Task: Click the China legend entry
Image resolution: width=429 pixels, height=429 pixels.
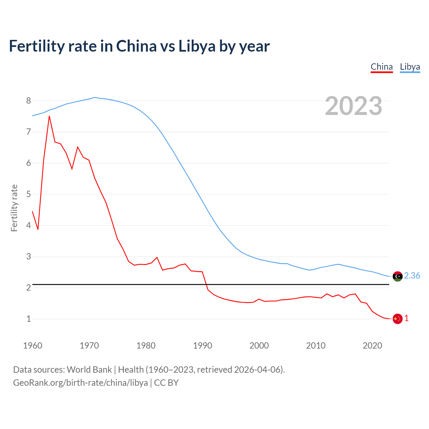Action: (x=381, y=67)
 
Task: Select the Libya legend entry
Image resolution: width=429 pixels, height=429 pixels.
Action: (x=410, y=67)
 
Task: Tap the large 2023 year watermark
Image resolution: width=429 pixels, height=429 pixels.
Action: (x=353, y=106)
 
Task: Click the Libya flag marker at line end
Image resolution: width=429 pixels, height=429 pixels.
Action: (x=397, y=276)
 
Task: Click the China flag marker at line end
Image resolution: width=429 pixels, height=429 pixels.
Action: (x=397, y=319)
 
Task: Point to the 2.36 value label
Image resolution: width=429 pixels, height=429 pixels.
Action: (x=412, y=275)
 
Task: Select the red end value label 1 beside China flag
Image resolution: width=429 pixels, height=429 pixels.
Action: (x=407, y=318)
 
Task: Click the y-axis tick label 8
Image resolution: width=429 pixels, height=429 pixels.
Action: (x=28, y=101)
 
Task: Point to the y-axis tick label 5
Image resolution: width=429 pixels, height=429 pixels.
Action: (x=28, y=194)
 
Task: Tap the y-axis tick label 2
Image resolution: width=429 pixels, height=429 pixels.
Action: (x=28, y=288)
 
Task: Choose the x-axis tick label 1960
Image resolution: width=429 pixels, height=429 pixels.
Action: (x=33, y=346)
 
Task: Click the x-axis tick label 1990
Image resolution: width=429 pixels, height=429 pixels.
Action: (x=202, y=346)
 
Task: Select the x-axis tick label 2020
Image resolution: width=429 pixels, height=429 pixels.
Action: (x=372, y=346)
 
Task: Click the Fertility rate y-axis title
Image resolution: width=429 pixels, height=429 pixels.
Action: (x=14, y=208)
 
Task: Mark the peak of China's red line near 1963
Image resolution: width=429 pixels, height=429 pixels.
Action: (x=49, y=116)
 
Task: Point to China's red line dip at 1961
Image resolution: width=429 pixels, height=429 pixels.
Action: (x=38, y=229)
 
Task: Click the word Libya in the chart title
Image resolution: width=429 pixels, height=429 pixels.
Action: (x=197, y=46)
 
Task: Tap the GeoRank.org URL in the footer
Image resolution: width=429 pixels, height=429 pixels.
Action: (x=80, y=383)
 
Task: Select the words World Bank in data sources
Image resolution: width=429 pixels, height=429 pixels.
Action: (x=89, y=370)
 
